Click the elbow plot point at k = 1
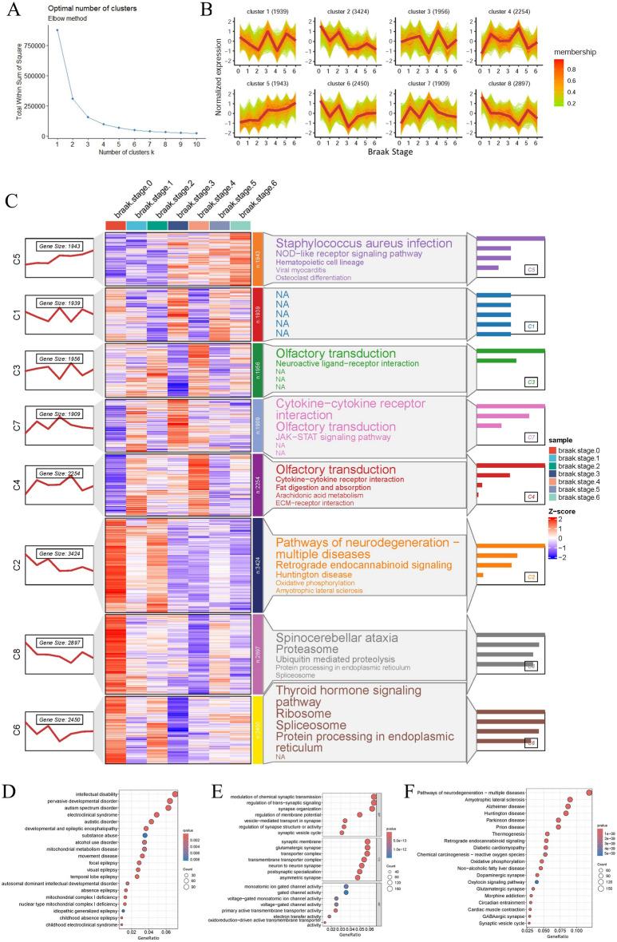57,30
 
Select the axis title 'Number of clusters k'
118,151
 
